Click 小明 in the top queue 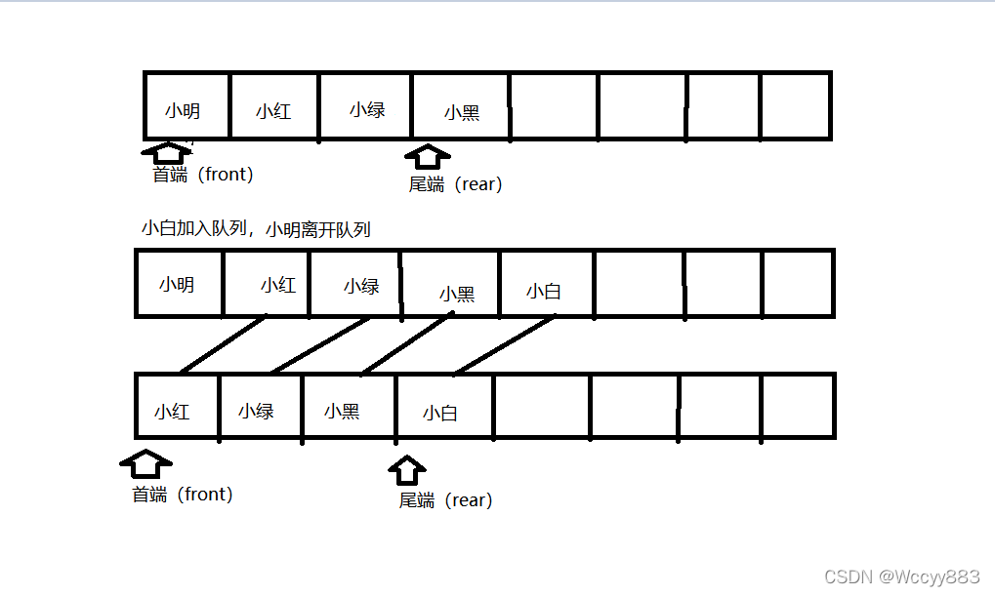[183, 111]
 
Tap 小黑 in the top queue [462, 113]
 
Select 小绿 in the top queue [367, 110]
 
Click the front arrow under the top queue [168, 153]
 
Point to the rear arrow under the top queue [427, 157]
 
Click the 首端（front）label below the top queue [203, 175]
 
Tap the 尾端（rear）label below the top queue [455, 184]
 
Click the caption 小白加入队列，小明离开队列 [256, 229]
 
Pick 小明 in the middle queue [177, 285]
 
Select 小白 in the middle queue [544, 291]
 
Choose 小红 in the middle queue [278, 286]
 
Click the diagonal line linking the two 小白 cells [504, 344]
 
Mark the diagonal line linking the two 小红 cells [223, 344]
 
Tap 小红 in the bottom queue [172, 412]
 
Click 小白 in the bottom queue [440, 414]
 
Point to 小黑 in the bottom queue [342, 412]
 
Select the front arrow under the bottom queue [145, 461]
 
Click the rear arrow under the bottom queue [407, 470]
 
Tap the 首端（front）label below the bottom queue [183, 495]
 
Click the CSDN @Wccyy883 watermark [901, 576]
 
